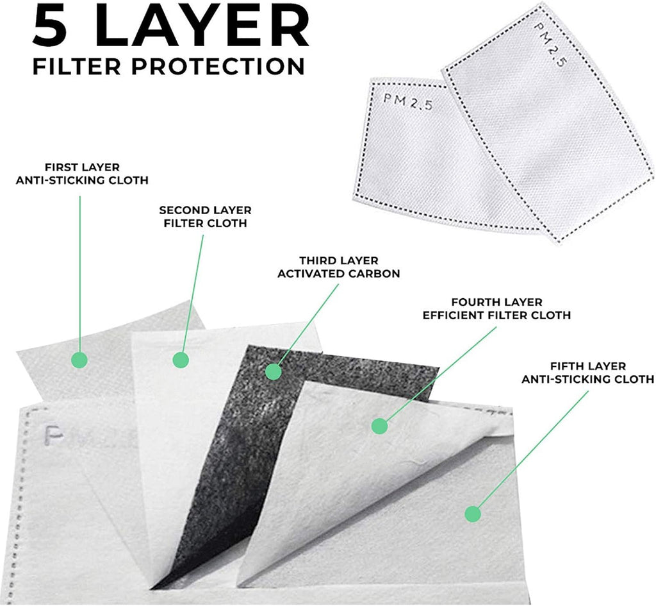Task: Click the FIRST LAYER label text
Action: click(83, 167)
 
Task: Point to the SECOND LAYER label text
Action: click(205, 210)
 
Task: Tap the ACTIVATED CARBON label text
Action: click(339, 273)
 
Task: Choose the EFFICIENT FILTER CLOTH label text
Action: click(496, 315)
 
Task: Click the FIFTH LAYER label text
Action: click(588, 366)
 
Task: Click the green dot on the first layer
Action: click(79, 360)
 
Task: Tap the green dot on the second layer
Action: click(181, 360)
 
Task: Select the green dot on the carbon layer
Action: click(273, 371)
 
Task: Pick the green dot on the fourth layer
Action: click(379, 426)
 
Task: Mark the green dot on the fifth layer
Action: click(473, 514)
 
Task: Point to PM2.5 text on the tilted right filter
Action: click(550, 46)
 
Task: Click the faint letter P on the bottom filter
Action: click(54, 435)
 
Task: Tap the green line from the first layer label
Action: click(79, 274)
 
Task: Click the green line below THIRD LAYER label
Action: click(307, 325)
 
